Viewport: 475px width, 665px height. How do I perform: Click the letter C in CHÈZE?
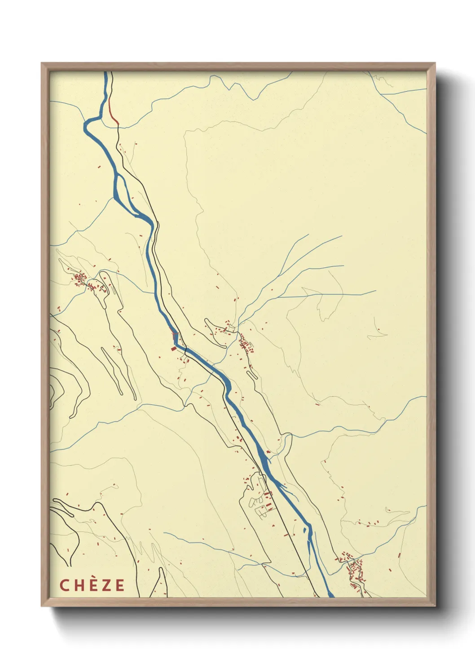[x=64, y=585]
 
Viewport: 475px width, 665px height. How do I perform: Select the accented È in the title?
[x=92, y=585]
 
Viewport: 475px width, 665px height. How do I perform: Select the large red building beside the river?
[x=174, y=348]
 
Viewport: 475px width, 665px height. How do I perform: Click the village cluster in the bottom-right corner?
[x=355, y=571]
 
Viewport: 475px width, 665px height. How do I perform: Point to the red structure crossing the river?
[x=175, y=335]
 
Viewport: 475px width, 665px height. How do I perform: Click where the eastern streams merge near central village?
[x=240, y=321]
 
